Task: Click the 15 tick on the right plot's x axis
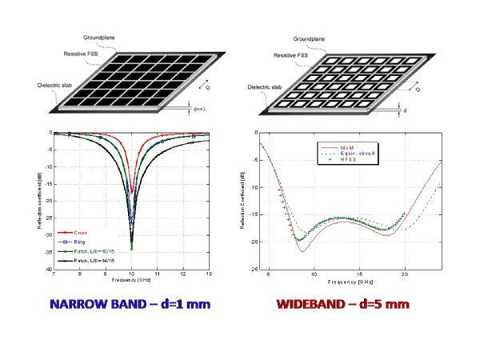(359, 274)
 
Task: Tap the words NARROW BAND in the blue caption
(93, 304)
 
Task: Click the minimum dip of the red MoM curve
(302, 251)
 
